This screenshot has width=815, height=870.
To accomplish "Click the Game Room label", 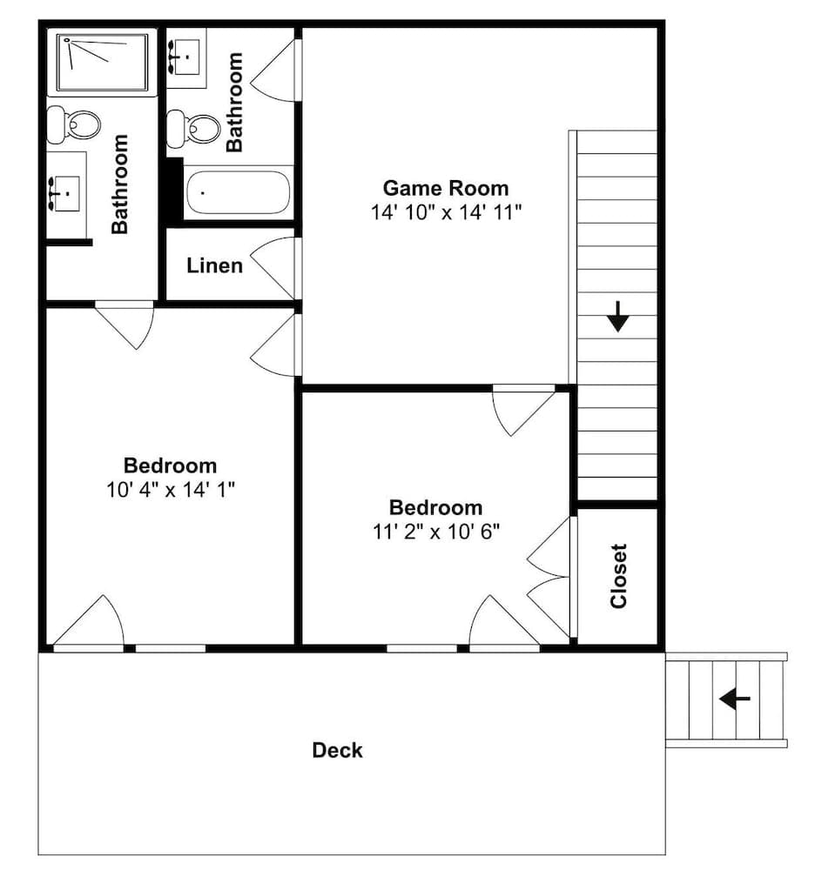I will (x=446, y=188).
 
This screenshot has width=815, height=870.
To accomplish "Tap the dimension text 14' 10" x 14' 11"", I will (x=446, y=212).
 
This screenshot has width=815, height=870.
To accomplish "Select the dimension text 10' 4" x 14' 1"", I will (x=171, y=490).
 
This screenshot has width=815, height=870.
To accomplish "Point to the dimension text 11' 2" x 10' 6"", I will (x=435, y=531).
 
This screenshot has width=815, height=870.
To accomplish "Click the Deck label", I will (x=338, y=750).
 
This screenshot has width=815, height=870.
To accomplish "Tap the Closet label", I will (x=618, y=576).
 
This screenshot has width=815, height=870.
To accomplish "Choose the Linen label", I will (x=214, y=265).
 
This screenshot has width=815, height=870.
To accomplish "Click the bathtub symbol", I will (x=239, y=192).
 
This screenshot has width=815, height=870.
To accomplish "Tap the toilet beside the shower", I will (x=72, y=124).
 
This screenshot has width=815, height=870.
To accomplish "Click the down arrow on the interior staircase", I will (x=617, y=316).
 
